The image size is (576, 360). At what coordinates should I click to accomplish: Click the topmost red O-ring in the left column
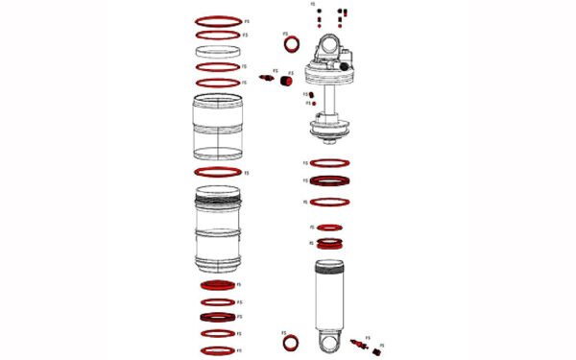(x=218, y=19)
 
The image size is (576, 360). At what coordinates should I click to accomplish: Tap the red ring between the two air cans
(x=218, y=172)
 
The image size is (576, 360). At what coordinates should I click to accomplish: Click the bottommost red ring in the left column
(x=218, y=349)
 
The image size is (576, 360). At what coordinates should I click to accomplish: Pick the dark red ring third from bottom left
(x=218, y=317)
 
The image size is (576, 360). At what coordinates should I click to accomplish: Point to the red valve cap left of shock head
(x=285, y=81)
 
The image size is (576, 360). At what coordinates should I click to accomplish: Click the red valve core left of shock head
(x=267, y=78)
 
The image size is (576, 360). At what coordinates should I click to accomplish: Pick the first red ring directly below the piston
(x=329, y=163)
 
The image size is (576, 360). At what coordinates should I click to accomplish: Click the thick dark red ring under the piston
(x=329, y=180)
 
